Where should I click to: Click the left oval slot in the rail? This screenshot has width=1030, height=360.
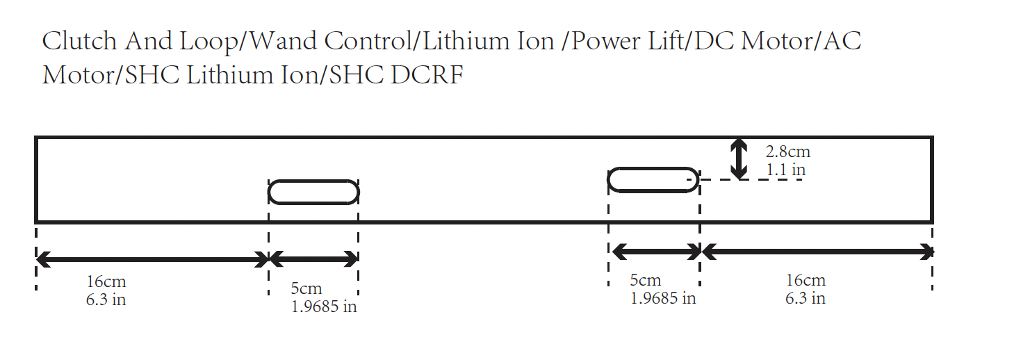pos(313,192)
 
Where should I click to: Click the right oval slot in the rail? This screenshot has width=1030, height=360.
pos(653,179)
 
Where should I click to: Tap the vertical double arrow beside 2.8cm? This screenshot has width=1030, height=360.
pos(739,158)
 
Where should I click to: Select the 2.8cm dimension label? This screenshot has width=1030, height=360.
pos(787,152)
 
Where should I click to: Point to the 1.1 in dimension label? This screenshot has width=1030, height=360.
pos(785,170)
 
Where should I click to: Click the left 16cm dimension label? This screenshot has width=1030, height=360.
pos(106,282)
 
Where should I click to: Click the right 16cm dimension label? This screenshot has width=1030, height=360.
pos(806,280)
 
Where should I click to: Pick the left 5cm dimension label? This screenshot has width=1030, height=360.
pos(306,288)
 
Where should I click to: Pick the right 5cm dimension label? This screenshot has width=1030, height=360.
pos(645,280)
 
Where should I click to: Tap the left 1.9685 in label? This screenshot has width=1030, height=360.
pos(324,306)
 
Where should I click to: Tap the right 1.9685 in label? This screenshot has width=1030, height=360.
pos(663,298)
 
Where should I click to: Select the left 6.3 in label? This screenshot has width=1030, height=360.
pos(106,300)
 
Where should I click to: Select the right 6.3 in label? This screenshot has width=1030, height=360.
pos(806,298)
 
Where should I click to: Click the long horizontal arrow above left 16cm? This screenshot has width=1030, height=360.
pos(152,260)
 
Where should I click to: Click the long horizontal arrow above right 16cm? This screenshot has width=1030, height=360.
pos(817,252)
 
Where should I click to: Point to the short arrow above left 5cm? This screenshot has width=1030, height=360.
pos(313,260)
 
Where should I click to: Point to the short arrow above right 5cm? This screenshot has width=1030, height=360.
pos(654,252)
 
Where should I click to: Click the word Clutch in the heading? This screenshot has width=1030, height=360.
pos(80,42)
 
